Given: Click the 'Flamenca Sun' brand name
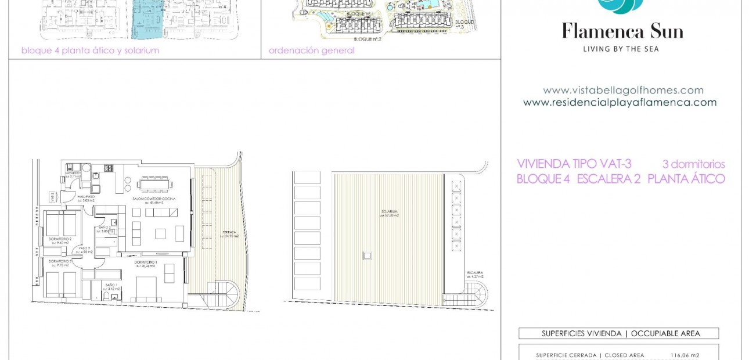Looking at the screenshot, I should point(622,31).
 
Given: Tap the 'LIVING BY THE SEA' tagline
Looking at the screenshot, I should point(621,49).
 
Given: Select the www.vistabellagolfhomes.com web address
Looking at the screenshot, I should point(623,91).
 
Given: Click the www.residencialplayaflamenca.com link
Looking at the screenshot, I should point(620,103).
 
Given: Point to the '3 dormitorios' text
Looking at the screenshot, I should point(693,165).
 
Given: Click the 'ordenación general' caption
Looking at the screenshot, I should point(311,51).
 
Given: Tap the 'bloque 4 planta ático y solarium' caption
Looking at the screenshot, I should point(90,51).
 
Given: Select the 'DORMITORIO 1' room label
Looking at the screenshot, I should point(146,262).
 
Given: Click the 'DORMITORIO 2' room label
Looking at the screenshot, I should point(59,239).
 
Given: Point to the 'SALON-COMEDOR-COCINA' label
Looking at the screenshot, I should point(153,199).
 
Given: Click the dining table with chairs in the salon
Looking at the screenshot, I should point(154,184).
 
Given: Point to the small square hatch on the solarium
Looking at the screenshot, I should point(367,255).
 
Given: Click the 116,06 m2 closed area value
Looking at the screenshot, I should point(685,355).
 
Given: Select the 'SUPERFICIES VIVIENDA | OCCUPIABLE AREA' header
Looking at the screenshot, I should point(618,334).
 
